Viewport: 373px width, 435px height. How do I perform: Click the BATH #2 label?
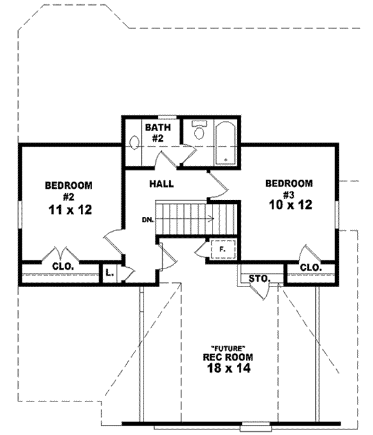tap(154, 133)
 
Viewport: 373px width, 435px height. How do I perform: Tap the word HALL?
tap(161, 184)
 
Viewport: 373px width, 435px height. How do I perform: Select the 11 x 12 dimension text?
tap(70, 210)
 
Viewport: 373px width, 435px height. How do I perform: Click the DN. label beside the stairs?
tap(148, 219)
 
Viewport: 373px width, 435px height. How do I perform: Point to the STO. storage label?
tap(257, 278)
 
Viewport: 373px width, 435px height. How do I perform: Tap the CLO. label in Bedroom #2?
tap(62, 267)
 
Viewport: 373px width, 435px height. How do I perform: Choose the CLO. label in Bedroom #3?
tap(310, 267)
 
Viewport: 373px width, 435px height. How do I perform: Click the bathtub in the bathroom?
tap(224, 145)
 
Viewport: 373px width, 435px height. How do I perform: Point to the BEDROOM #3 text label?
tap(288, 188)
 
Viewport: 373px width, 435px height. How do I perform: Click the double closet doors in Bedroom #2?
tap(61, 254)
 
